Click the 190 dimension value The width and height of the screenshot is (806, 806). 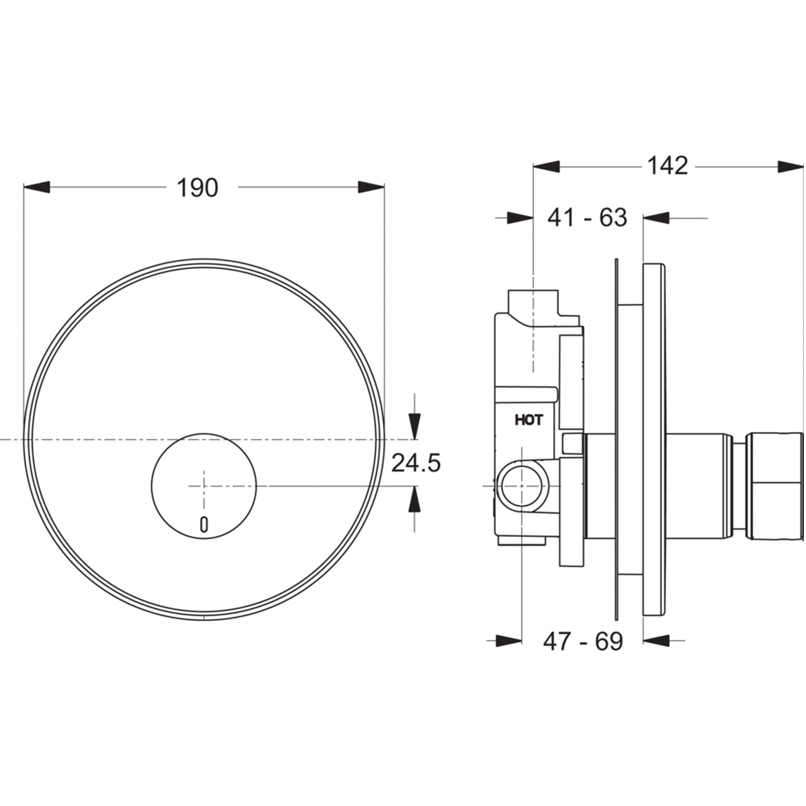click(x=197, y=187)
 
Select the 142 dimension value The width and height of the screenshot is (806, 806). click(x=666, y=166)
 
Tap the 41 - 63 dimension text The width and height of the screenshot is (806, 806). click(x=587, y=217)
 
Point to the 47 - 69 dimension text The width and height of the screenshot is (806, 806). click(x=582, y=641)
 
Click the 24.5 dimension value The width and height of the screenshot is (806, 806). click(x=415, y=463)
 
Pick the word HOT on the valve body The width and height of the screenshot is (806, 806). click(x=528, y=420)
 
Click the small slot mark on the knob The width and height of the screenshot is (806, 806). click(x=204, y=525)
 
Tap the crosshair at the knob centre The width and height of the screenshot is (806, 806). click(x=204, y=486)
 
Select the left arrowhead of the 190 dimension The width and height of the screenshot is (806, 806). click(x=37, y=187)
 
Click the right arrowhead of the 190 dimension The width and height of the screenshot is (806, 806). click(x=371, y=187)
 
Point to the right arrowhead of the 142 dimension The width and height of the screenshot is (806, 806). click(x=790, y=166)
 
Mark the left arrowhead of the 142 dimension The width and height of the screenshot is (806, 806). click(x=547, y=166)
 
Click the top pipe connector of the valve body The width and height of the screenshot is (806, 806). click(x=534, y=302)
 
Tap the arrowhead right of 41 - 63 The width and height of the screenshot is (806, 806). click(x=657, y=218)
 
